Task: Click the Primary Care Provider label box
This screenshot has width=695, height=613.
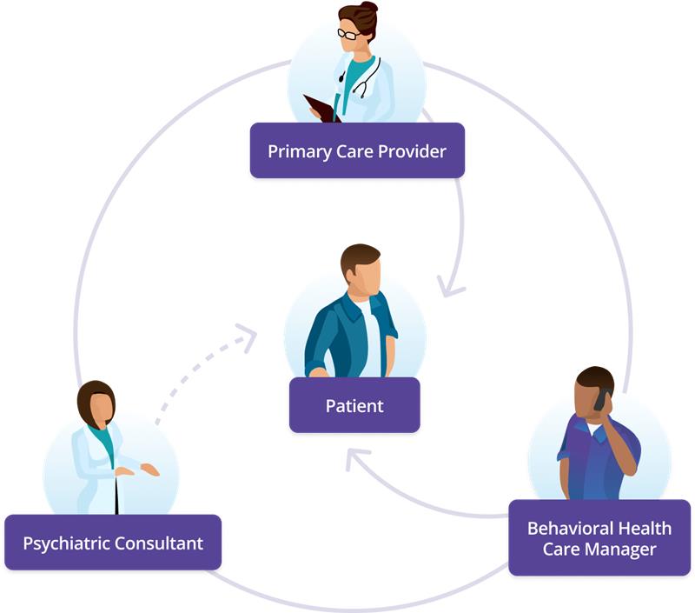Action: pyautogui.click(x=357, y=151)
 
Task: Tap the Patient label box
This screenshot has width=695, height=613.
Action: pyautogui.click(x=354, y=405)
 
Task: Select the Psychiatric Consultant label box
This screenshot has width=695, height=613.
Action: pyautogui.click(x=113, y=543)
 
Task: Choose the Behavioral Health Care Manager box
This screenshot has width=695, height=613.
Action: pyautogui.click(x=599, y=538)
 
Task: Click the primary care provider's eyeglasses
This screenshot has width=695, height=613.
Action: pyautogui.click(x=349, y=33)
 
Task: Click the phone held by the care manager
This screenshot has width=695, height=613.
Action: pyautogui.click(x=599, y=399)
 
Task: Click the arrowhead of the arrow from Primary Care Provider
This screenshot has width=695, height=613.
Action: pyautogui.click(x=450, y=286)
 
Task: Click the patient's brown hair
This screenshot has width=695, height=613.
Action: pyautogui.click(x=360, y=257)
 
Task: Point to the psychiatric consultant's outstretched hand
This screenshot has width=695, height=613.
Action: pyautogui.click(x=149, y=470)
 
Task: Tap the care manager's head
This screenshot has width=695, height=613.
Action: pyautogui.click(x=594, y=389)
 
